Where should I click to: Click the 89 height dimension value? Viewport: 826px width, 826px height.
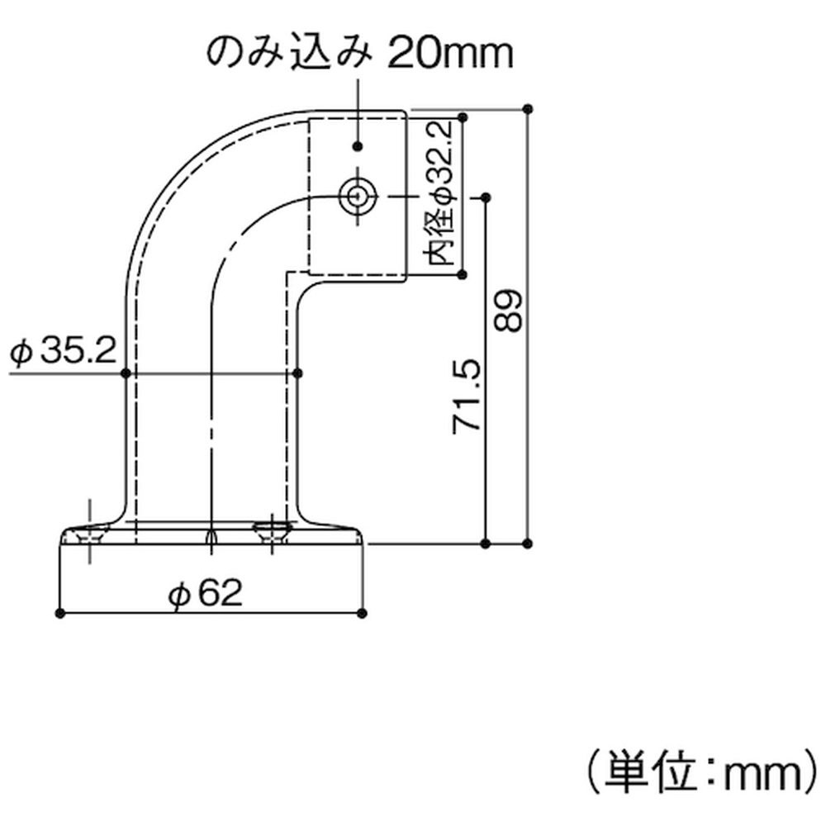coord(508,311)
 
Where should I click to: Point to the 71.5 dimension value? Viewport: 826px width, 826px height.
coord(467,396)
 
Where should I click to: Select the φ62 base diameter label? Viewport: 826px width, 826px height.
coord(206,593)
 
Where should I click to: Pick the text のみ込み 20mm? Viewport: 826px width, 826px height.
coord(359,53)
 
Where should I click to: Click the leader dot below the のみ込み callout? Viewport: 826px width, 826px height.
coord(358,146)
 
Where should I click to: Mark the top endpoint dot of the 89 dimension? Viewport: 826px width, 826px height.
coord(528,110)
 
